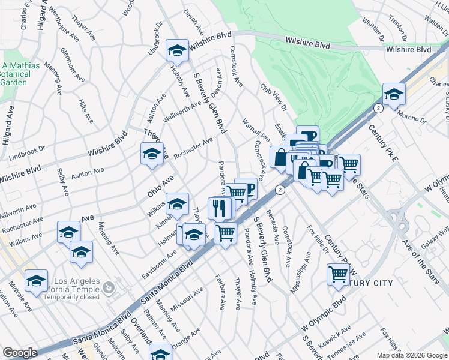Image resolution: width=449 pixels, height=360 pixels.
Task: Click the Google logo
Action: coord(20,353)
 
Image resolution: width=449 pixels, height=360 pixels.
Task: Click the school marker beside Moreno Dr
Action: coord(394,95)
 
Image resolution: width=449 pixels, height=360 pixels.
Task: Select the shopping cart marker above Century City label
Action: coord(339,273)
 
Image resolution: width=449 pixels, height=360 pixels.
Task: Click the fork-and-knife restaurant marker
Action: coord(219,208)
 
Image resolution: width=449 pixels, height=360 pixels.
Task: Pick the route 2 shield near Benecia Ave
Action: coord(279,190)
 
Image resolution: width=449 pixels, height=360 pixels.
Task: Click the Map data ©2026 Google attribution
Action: coord(411,355)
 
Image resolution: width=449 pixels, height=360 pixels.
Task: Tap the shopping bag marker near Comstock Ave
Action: coord(280,157)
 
